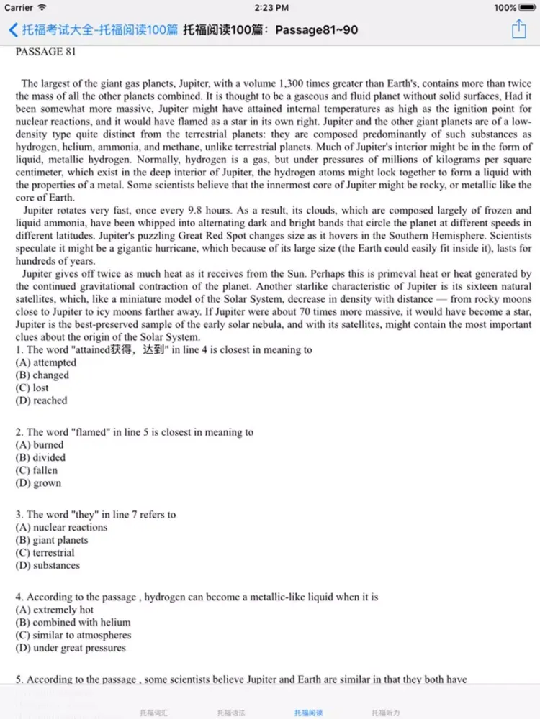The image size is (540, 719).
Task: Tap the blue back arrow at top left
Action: click(x=13, y=30)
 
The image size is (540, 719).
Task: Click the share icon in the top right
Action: click(x=519, y=29)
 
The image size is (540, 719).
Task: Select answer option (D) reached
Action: click(x=41, y=400)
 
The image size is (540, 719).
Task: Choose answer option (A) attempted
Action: click(x=45, y=362)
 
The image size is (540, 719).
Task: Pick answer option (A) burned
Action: click(x=40, y=445)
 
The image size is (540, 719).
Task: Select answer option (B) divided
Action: click(x=40, y=457)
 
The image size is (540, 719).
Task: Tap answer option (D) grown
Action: click(x=38, y=483)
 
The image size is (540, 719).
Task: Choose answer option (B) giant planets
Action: click(x=52, y=540)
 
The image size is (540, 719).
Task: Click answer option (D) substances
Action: click(x=48, y=565)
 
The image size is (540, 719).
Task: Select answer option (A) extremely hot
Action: click(x=55, y=610)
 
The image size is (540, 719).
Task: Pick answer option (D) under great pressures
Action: click(x=71, y=648)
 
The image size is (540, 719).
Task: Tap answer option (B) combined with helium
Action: click(x=73, y=623)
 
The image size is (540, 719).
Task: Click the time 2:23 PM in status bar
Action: click(x=270, y=8)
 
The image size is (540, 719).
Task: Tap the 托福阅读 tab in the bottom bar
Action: click(x=308, y=713)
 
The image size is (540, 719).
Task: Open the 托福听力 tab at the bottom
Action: click(x=386, y=713)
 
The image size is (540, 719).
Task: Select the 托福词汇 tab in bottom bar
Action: click(x=154, y=713)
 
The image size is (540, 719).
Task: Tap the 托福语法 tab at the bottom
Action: click(x=231, y=713)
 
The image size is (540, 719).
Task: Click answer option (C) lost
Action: click(x=32, y=388)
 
